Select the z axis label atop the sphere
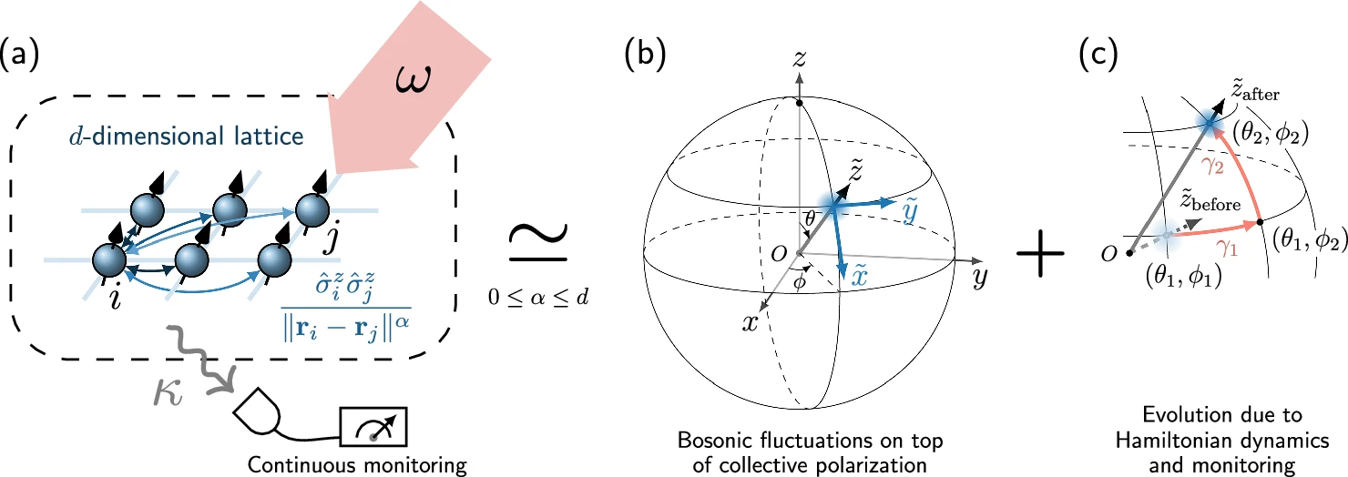pos(798,59)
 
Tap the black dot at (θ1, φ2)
pos(1260,221)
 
